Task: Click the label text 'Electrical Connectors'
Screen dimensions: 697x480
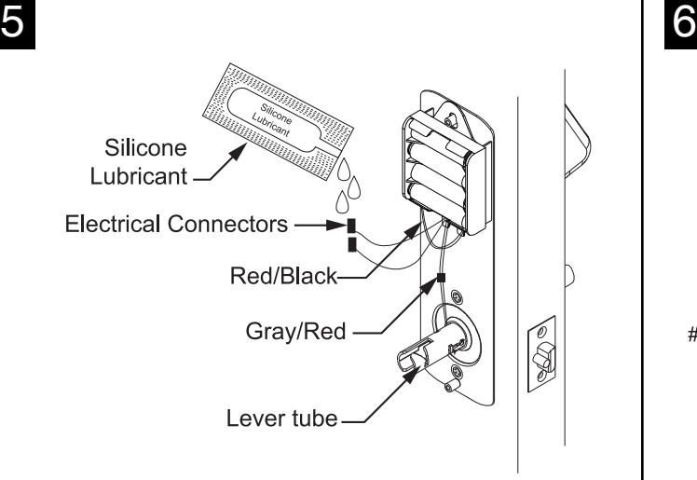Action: point(176,224)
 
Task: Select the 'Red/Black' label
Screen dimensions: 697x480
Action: point(283,276)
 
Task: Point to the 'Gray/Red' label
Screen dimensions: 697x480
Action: point(295,332)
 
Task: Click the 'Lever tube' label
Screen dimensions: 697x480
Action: point(281,418)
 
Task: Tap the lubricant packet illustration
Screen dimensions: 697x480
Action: point(279,121)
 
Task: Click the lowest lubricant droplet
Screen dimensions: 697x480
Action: point(342,202)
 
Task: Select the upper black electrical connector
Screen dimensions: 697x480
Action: point(351,226)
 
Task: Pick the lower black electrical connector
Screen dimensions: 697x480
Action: point(352,244)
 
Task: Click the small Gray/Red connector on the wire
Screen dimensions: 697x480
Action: point(441,278)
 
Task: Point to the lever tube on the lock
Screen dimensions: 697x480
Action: point(430,349)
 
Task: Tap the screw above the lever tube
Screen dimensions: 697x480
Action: point(457,297)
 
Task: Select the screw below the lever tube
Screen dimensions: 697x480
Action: point(457,372)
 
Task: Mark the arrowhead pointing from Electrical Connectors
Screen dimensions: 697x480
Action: point(337,226)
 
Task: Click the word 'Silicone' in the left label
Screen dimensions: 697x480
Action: point(145,147)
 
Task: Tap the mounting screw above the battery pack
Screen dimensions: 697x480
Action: point(451,119)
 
